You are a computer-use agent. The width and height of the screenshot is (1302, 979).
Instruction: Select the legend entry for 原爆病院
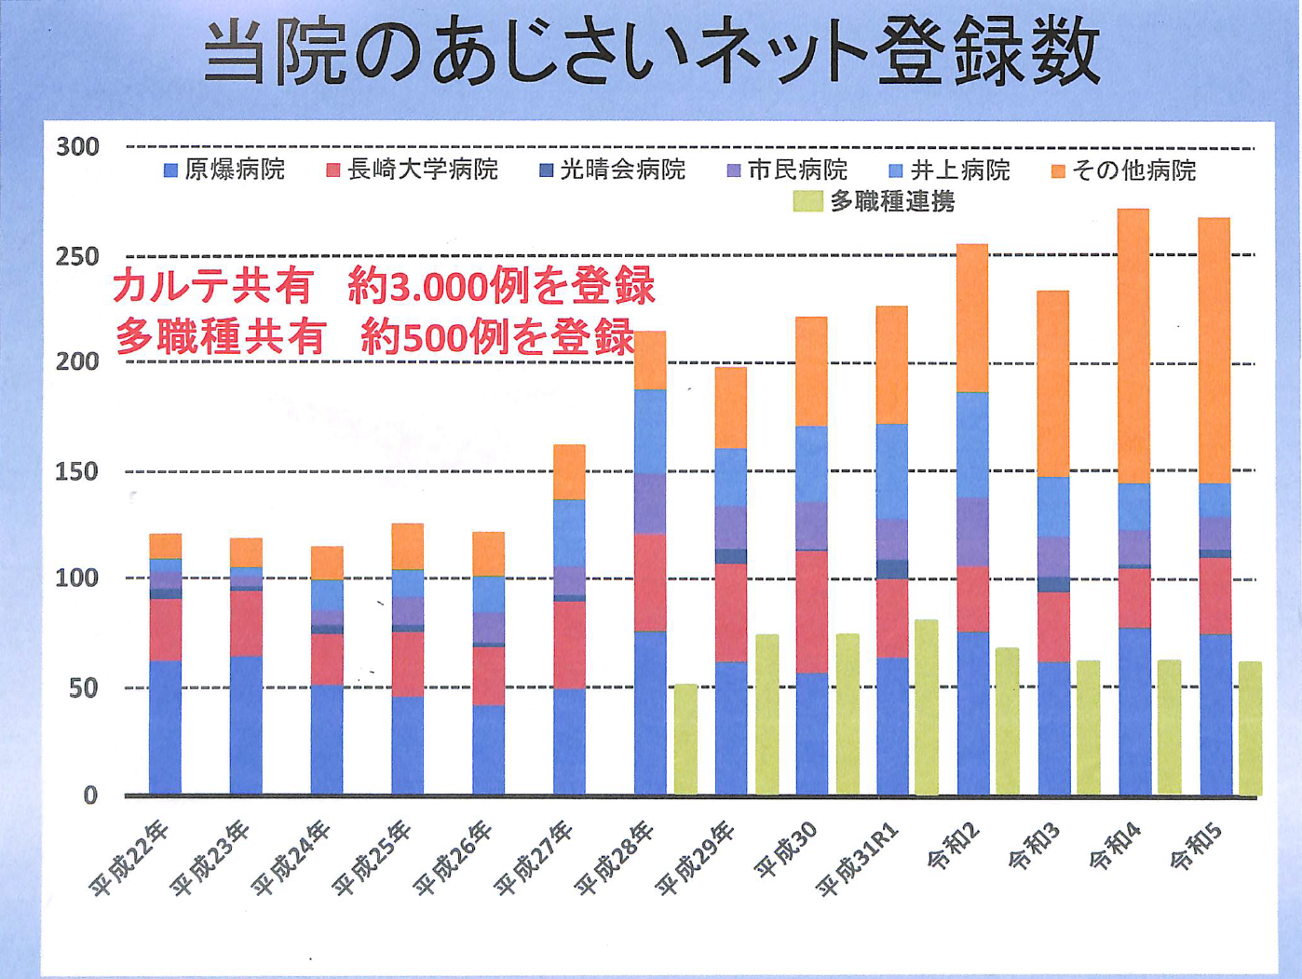pos(224,170)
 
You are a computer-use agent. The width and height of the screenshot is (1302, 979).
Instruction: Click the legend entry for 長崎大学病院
pos(412,170)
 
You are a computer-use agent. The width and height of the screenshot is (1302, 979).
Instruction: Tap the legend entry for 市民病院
pos(787,170)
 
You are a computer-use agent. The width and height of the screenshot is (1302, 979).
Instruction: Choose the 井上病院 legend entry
pos(949,170)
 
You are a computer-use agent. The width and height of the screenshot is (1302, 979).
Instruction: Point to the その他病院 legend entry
pos(1123,170)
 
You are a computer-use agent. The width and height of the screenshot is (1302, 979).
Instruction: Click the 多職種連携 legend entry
pos(875,201)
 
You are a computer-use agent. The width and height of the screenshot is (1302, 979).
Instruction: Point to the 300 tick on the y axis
pos(77,146)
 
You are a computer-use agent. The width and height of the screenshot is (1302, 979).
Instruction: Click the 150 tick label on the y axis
pos(77,471)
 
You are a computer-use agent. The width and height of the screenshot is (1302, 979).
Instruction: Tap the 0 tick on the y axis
pos(89,795)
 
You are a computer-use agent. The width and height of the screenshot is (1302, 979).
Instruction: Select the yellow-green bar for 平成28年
pos(685,740)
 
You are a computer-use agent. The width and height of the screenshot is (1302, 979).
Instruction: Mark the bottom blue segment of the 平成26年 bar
pos(489,750)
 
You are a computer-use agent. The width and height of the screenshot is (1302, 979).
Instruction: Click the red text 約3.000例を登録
pos(502,287)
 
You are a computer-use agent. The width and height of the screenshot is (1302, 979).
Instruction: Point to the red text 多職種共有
pos(220,337)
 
